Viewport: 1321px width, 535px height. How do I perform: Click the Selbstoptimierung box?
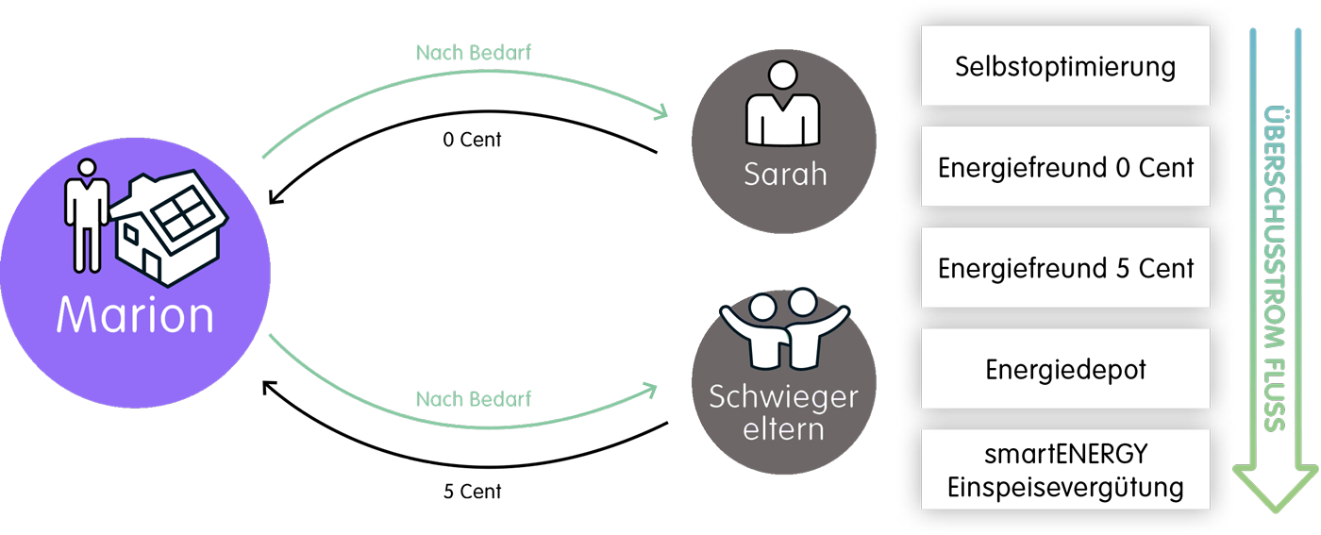(1064, 67)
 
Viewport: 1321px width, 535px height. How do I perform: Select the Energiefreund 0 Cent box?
(1064, 168)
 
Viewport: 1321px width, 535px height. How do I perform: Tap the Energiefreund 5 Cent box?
(1064, 268)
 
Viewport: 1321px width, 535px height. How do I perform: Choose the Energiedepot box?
(1064, 369)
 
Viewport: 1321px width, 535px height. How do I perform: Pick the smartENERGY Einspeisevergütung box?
(1064, 470)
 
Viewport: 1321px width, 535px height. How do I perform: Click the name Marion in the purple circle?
(135, 315)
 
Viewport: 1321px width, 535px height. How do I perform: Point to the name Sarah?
(784, 174)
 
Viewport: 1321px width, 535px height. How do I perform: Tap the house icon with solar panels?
(169, 226)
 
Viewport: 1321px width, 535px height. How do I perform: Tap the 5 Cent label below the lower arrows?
(426, 465)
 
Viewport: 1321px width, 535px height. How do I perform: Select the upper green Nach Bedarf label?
(473, 52)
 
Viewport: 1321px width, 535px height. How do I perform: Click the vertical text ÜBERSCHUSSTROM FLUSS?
(1276, 268)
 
